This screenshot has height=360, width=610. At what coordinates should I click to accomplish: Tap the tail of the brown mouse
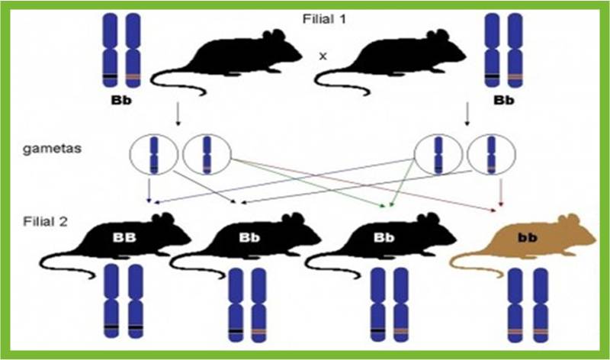[x=473, y=259]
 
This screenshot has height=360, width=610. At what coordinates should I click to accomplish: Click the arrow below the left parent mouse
[x=178, y=114]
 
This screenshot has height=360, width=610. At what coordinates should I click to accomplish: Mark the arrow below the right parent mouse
[x=466, y=114]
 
